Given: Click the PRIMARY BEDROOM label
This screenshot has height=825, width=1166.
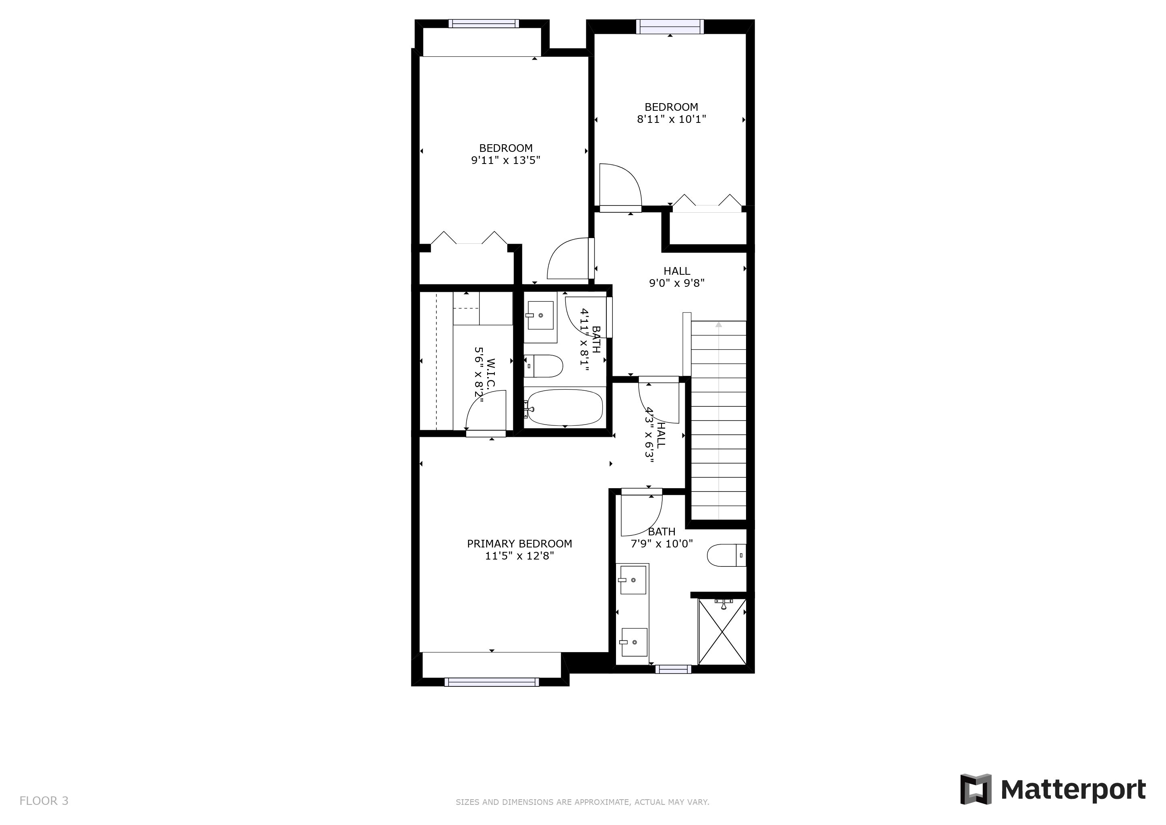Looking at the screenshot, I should coord(519,543).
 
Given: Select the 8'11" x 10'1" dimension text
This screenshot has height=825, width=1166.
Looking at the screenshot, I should coord(671,119).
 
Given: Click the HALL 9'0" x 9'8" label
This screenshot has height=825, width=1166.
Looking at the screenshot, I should coord(676,277).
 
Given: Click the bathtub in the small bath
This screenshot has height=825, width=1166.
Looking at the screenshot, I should coord(564,407).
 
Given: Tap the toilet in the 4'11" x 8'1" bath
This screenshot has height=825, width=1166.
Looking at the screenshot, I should coord(544,366).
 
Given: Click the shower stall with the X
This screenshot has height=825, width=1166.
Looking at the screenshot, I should coord(722,632).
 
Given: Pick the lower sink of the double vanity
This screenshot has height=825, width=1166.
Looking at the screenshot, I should coord(634,642).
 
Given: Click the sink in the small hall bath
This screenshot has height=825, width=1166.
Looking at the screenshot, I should coord(540,315).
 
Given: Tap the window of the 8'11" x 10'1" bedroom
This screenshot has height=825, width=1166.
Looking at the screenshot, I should coord(670,27).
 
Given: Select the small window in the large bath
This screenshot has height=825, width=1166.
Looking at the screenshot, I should coord(673,670).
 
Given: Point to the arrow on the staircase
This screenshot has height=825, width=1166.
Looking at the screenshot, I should coord(718,325).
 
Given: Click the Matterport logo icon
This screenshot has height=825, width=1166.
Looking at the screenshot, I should coord(975,789).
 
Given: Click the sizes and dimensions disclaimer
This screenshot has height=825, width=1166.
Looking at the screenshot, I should coord(582,802).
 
